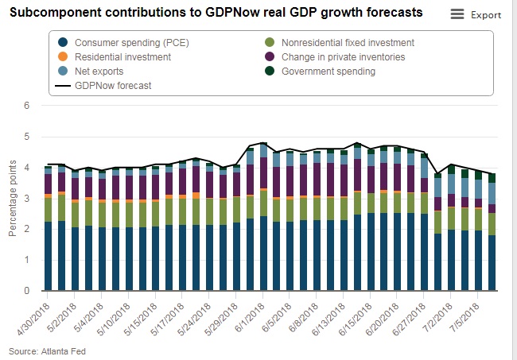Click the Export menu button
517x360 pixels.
point(476,14)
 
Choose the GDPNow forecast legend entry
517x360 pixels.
point(112,85)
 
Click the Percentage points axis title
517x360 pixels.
point(12,199)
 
